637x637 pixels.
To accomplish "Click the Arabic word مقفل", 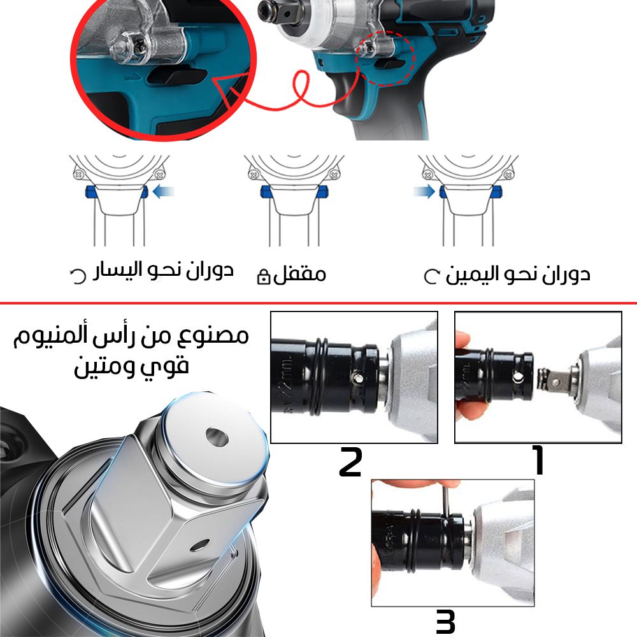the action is tap(299, 274).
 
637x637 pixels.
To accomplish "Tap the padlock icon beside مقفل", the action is tap(264, 276).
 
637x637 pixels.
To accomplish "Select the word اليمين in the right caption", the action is tap(471, 274).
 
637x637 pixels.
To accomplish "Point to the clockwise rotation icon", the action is tap(431, 276).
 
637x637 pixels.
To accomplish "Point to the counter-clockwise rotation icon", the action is tap(78, 276).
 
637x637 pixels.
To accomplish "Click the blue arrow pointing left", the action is tap(164, 191).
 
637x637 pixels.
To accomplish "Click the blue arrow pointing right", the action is tap(424, 191).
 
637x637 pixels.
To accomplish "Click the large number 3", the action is tap(445, 621).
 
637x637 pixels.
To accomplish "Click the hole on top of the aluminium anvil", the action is tap(217, 437).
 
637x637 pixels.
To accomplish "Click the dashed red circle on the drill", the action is tap(385, 58).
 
